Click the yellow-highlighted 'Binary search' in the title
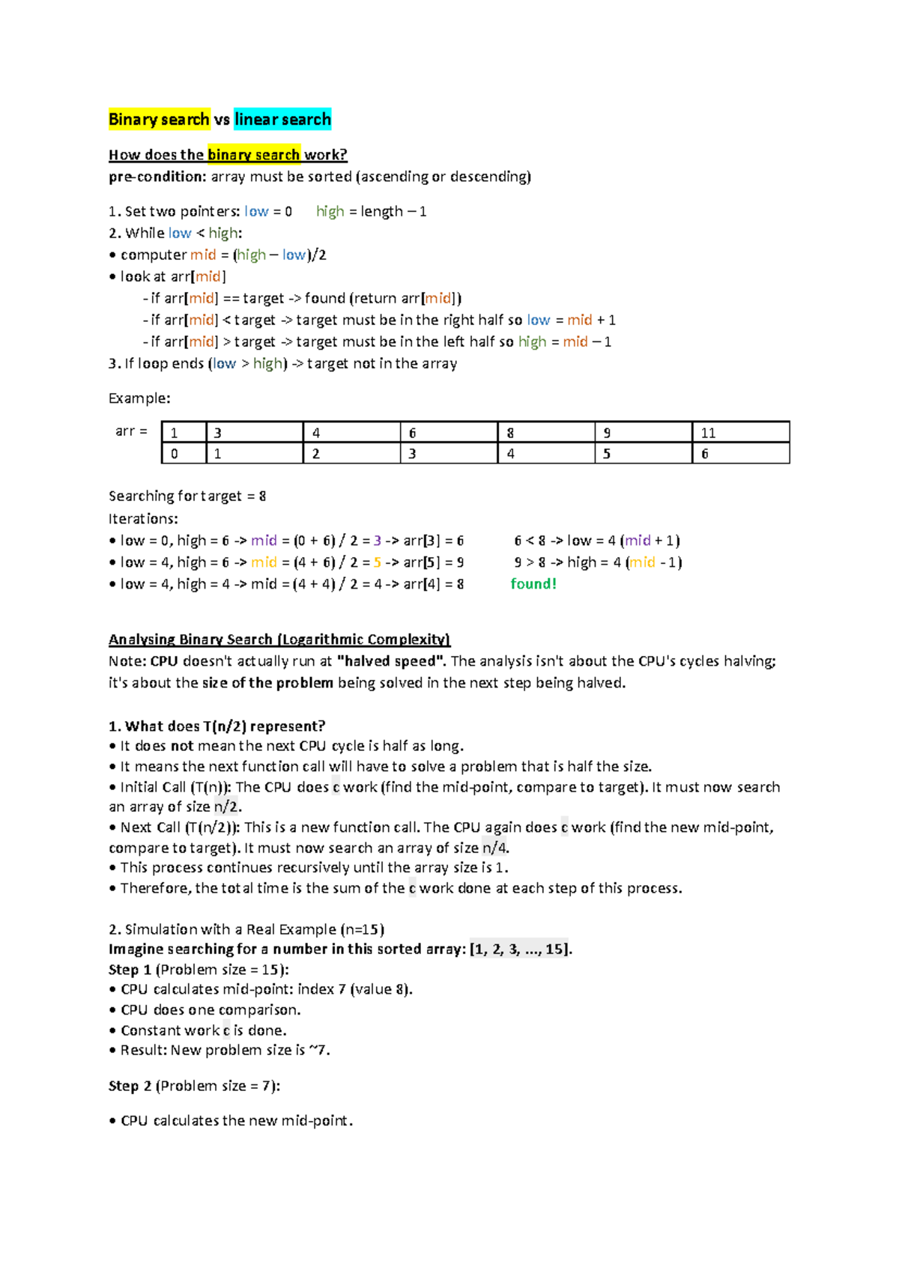159,119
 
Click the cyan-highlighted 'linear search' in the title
282,119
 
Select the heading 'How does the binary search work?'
228,155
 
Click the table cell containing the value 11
739,433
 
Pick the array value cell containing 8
545,433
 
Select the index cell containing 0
183,454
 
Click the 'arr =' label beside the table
131,431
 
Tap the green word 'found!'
533,584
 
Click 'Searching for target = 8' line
187,496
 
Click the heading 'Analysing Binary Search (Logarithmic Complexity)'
279,639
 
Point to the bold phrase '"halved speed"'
392,661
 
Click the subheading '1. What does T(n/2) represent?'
217,726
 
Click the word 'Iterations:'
143,518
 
